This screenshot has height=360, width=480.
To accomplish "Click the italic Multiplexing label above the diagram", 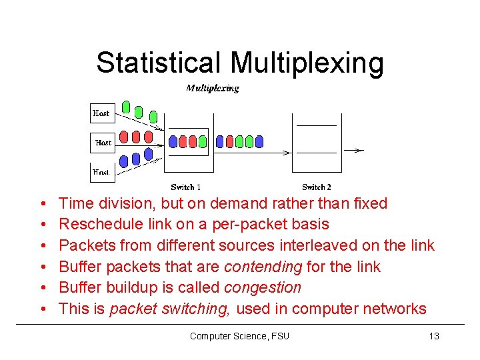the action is [212, 88].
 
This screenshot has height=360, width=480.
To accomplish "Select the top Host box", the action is [101, 113].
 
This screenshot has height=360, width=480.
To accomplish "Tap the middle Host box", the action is [103, 142].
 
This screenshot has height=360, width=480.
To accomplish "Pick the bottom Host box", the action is [101, 171].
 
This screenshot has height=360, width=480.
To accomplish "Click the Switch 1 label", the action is [186, 187].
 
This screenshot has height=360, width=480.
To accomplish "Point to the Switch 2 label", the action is [317, 187].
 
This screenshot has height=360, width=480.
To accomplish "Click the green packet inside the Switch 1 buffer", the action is [203, 141].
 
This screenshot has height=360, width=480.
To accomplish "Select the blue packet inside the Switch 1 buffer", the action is [174, 141].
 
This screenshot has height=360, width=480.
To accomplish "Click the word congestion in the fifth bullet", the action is [263, 287].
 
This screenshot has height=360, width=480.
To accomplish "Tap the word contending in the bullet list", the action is [263, 267].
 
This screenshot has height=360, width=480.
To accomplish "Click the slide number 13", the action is [433, 336].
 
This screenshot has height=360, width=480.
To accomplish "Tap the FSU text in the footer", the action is [280, 336].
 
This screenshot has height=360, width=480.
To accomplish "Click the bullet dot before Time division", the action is [42, 203].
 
